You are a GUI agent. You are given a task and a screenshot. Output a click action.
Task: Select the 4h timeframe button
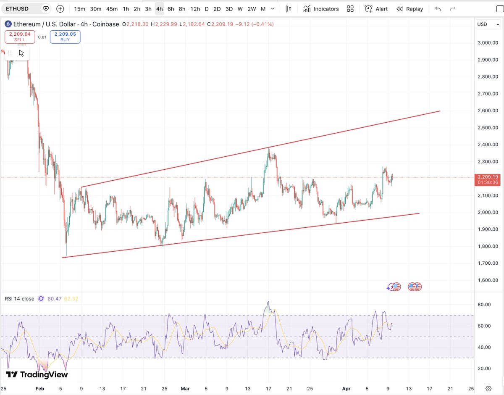click(x=159, y=9)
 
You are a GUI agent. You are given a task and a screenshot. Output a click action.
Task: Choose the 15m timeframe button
click(x=79, y=9)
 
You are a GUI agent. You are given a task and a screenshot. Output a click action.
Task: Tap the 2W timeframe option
click(x=252, y=9)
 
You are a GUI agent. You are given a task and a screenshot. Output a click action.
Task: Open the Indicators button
click(x=321, y=9)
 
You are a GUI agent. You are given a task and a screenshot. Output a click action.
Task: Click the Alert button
click(x=376, y=9)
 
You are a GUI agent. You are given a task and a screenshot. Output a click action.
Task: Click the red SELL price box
click(x=20, y=37)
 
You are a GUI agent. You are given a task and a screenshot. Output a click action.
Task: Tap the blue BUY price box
click(x=65, y=37)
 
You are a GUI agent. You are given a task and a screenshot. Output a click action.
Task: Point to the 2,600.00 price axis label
click(x=488, y=111)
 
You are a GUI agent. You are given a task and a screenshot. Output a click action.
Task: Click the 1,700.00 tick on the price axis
click(x=488, y=263)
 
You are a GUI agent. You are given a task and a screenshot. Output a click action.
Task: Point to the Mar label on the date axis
click(x=185, y=388)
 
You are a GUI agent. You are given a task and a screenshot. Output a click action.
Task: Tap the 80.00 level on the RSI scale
click(x=484, y=305)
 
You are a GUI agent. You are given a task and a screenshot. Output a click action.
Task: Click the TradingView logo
click(x=37, y=374)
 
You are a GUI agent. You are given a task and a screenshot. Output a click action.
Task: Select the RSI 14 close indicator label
click(x=19, y=299)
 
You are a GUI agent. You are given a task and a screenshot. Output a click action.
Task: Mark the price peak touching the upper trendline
click(x=268, y=148)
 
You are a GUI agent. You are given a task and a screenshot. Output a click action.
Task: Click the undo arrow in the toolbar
click(x=438, y=9)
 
